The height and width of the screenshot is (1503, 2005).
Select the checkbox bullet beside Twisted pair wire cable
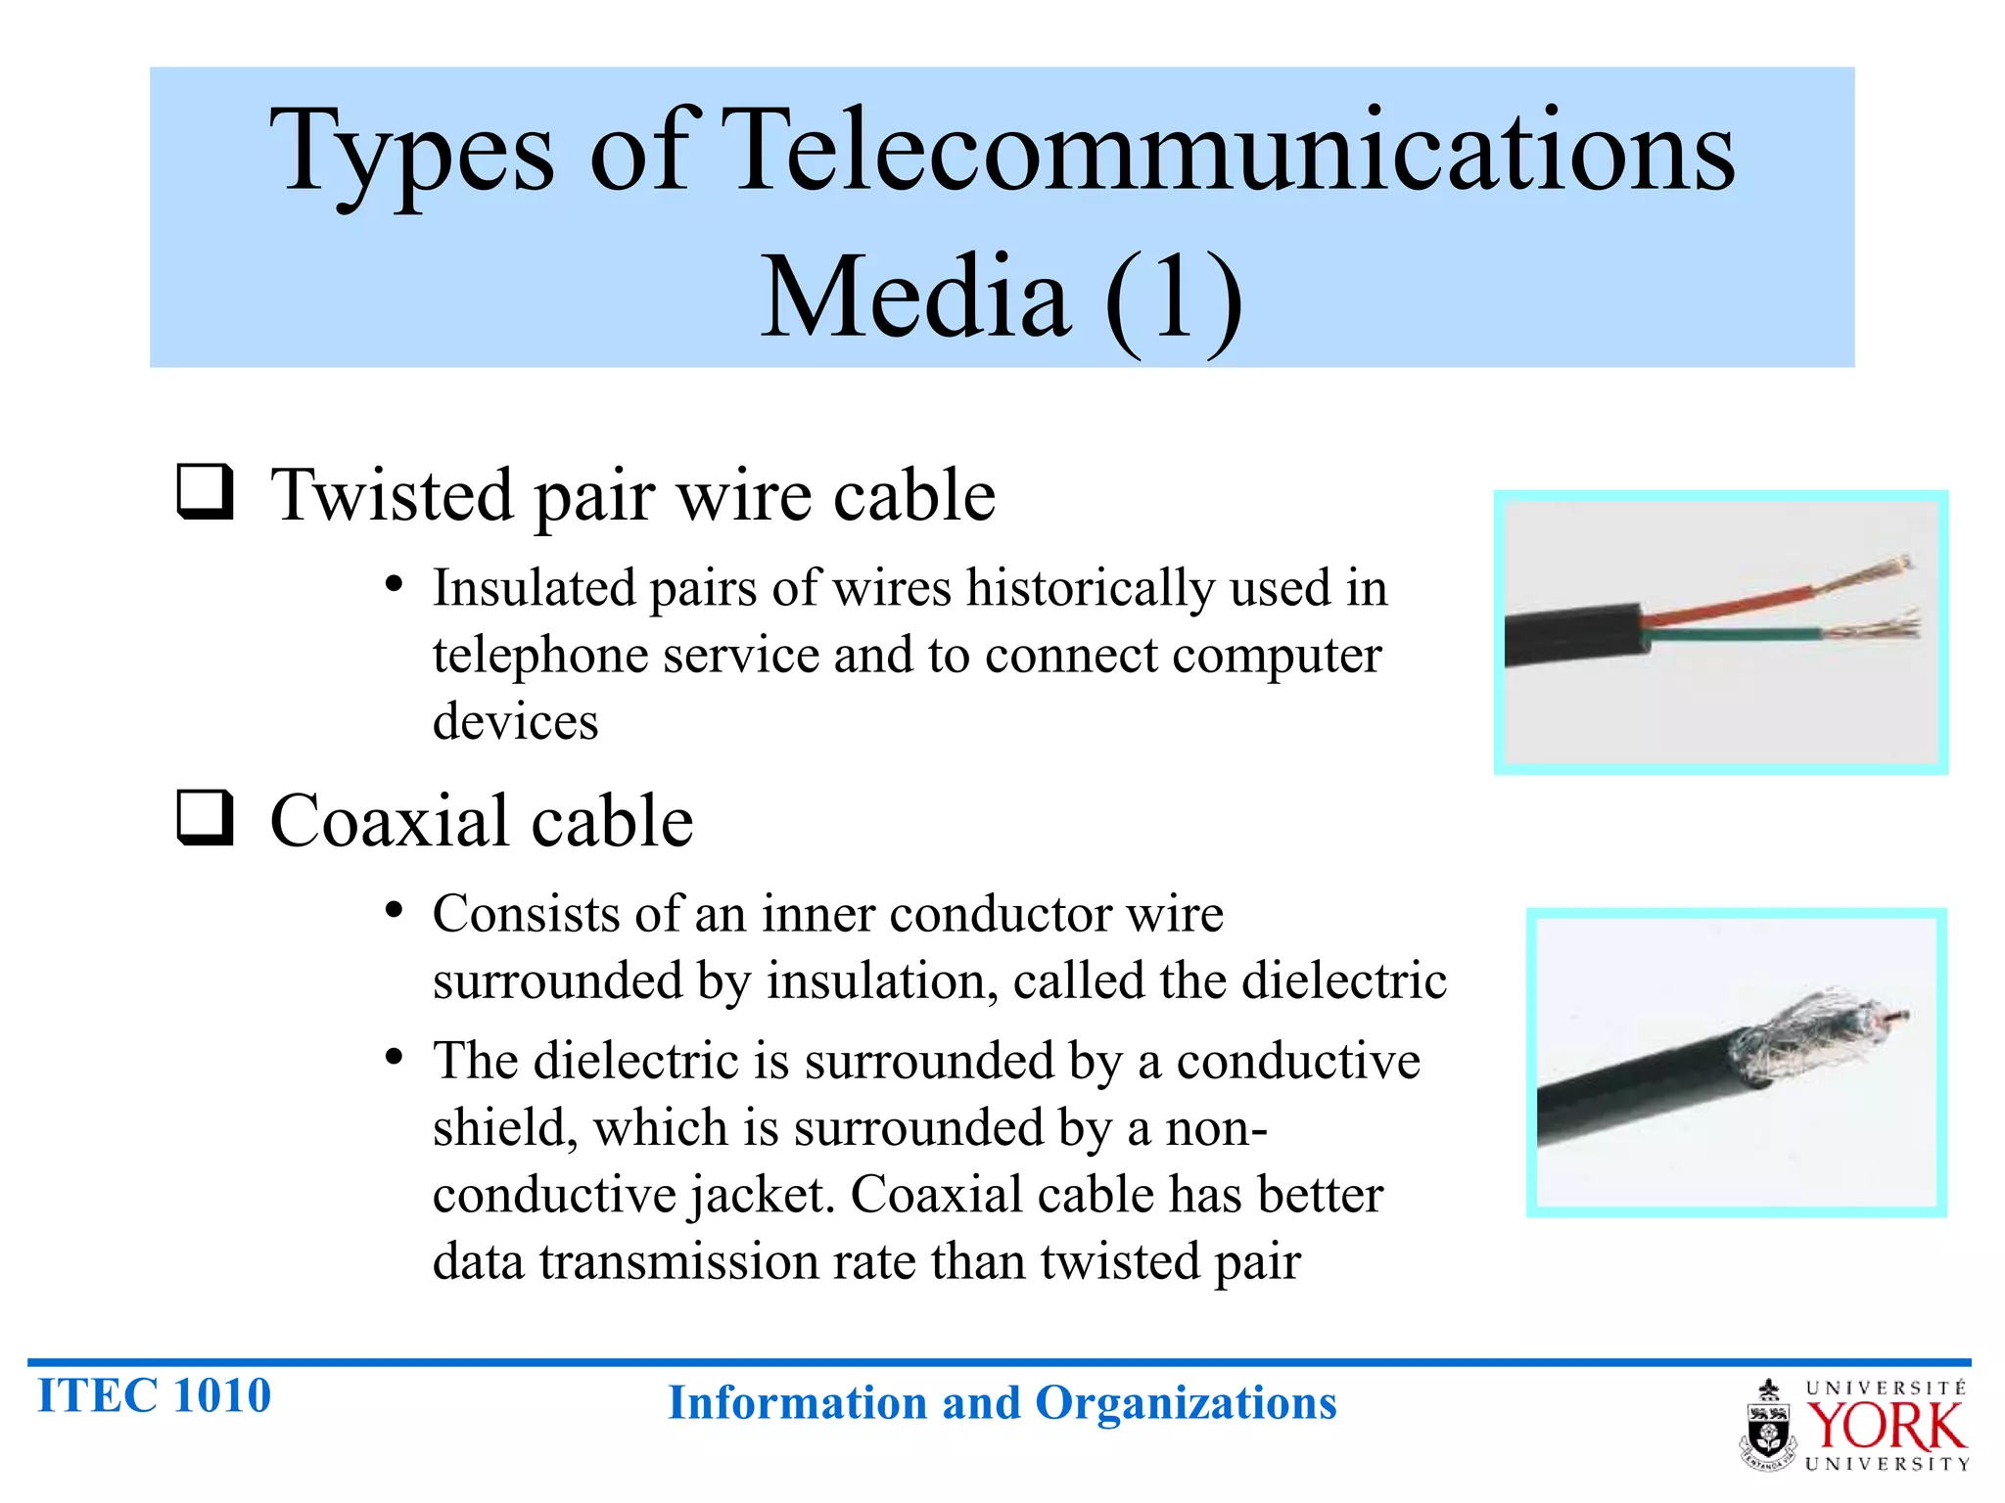click(205, 491)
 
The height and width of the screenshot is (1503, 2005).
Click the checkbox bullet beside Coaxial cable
click(205, 817)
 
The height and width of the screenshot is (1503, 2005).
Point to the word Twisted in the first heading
click(392, 495)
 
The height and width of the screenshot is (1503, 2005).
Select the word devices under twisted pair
click(515, 722)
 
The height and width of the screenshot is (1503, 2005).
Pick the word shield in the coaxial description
click(499, 1128)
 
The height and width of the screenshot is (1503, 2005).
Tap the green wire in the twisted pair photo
click(1733, 636)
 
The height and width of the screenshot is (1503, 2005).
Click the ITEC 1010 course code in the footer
click(154, 1396)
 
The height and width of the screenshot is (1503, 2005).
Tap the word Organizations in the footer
click(1186, 1403)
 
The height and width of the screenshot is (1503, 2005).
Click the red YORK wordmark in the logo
click(1886, 1427)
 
